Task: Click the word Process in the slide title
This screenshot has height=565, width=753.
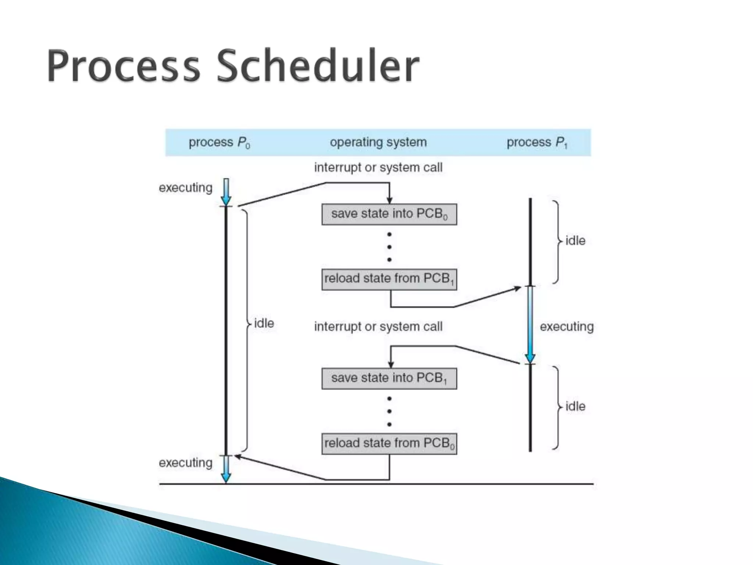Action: click(123, 66)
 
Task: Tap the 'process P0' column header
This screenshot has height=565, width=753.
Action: click(219, 142)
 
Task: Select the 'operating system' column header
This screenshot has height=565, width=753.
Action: click(378, 142)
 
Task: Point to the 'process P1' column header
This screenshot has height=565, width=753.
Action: click(537, 142)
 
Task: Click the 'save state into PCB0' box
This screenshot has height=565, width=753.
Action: click(389, 214)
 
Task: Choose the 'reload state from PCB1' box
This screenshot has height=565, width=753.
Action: click(389, 279)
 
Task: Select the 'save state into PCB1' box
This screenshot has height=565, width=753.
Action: click(389, 379)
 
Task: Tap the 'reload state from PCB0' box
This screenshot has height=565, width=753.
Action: click(389, 444)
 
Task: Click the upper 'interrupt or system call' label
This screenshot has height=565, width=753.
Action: click(378, 168)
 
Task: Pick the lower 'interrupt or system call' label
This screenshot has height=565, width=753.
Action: click(378, 327)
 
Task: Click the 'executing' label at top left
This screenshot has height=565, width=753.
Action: click(185, 188)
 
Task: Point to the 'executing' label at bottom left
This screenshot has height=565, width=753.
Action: click(185, 463)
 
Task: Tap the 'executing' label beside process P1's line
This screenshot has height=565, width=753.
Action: click(567, 327)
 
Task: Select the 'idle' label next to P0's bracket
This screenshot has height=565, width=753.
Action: click(264, 324)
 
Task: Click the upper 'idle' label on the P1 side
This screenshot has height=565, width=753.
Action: click(575, 241)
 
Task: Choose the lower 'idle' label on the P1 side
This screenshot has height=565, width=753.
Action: click(575, 406)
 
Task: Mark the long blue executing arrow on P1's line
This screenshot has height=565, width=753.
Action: click(530, 324)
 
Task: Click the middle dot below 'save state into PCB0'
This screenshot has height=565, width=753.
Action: click(389, 247)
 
